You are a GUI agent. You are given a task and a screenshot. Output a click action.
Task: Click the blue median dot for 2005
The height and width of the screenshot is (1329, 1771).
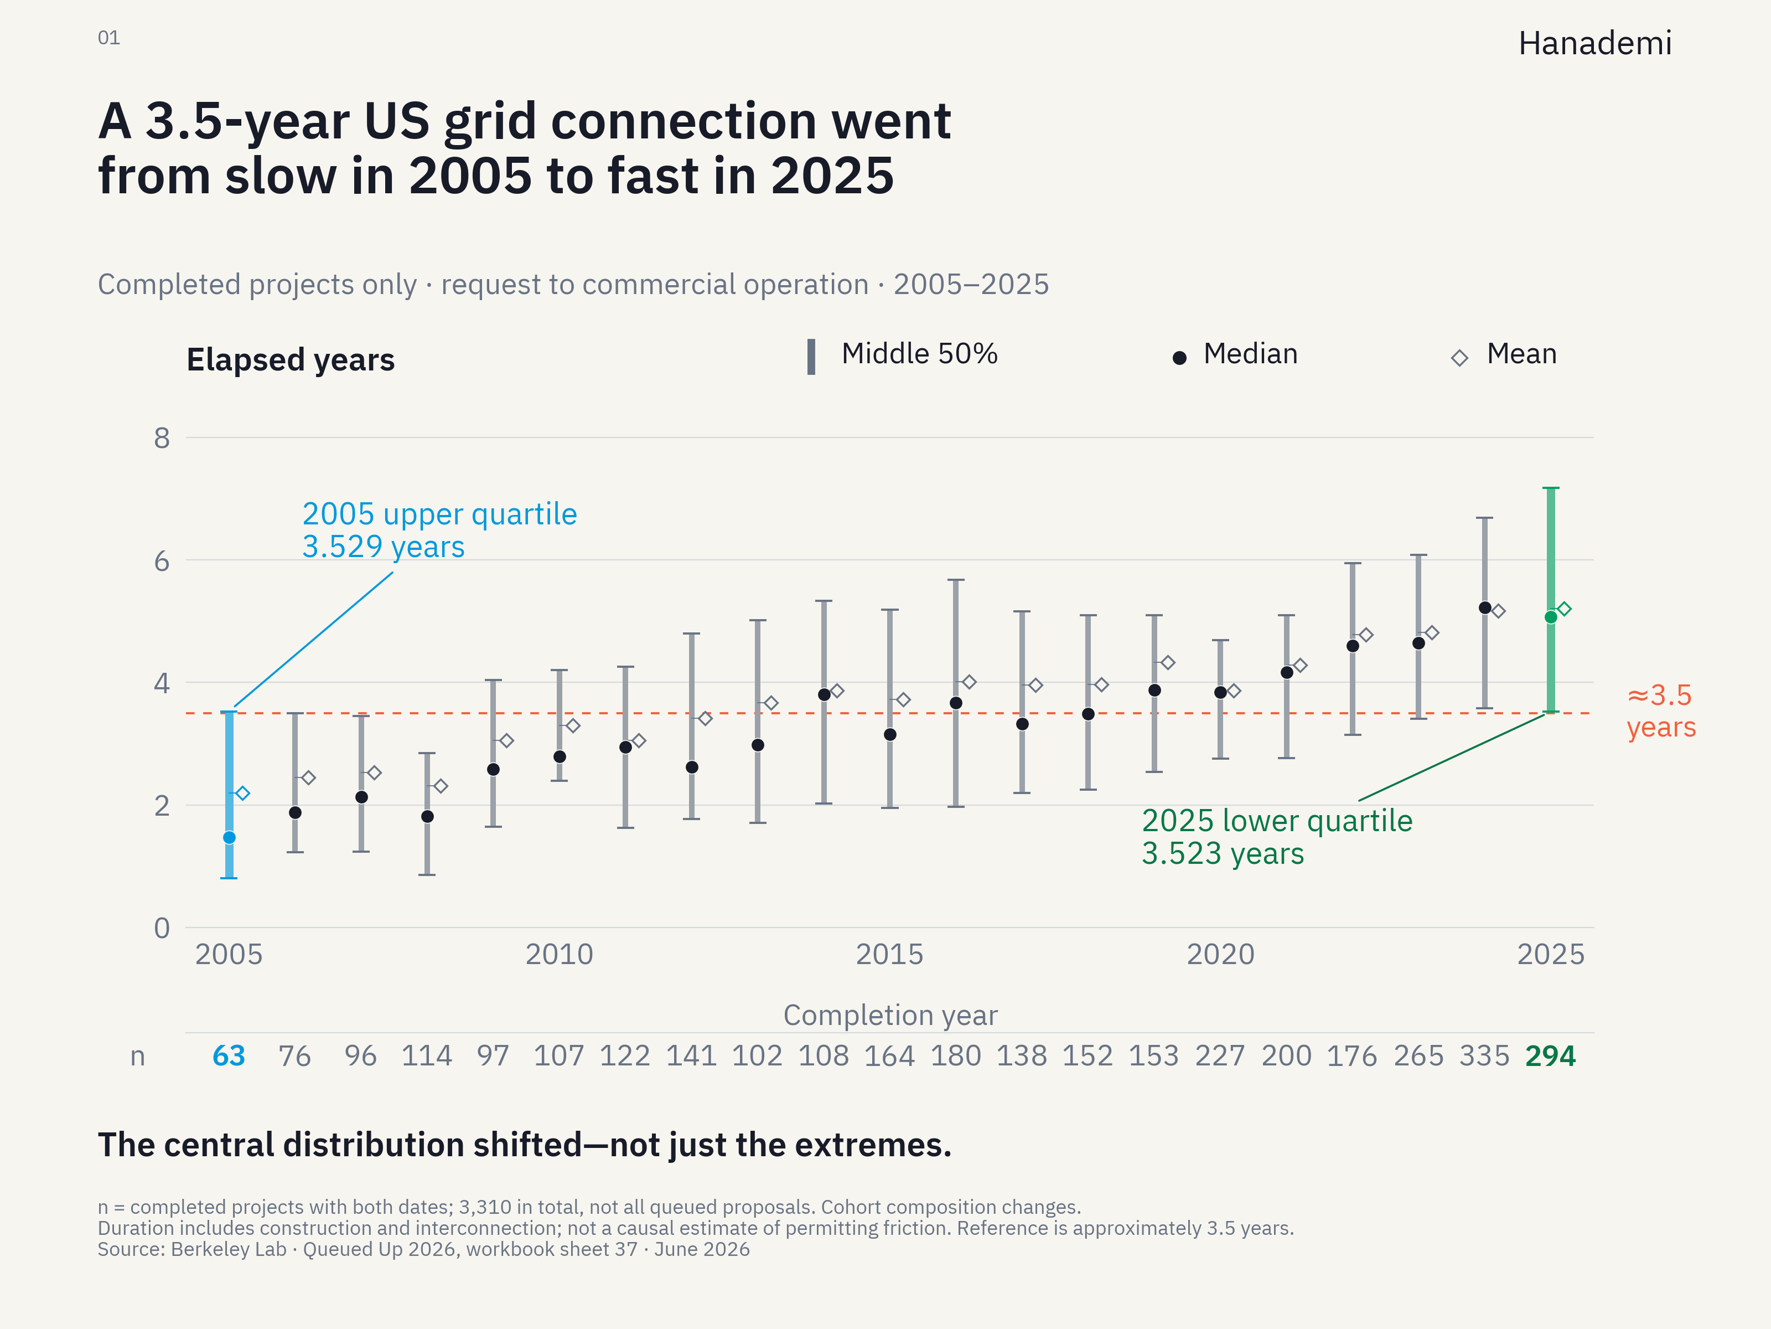point(229,837)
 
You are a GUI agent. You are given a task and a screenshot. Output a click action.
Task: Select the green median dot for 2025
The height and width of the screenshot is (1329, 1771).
point(1551,617)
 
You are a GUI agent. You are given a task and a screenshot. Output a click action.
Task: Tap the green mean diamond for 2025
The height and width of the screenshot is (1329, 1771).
point(1565,609)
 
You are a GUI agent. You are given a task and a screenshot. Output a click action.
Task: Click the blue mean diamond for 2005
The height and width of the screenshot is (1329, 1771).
point(242,793)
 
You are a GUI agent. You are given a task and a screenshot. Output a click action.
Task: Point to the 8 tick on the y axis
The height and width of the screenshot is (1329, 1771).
point(162,438)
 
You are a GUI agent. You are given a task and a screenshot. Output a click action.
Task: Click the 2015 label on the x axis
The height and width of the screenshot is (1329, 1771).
point(889,954)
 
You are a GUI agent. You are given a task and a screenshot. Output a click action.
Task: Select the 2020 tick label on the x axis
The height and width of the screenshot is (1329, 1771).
point(1220,954)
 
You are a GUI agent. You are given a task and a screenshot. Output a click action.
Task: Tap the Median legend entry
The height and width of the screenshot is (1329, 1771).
point(1235,354)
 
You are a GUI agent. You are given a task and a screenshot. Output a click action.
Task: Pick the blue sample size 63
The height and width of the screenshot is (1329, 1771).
point(229,1056)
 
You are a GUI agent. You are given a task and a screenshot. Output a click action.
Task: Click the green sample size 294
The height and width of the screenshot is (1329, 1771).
point(1551,1056)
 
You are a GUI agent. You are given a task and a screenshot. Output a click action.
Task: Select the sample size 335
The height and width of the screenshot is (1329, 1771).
point(1484,1056)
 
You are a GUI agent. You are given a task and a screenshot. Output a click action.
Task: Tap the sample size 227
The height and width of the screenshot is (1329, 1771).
point(1220,1056)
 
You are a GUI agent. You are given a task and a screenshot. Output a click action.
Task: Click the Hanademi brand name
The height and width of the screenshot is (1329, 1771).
point(1595,43)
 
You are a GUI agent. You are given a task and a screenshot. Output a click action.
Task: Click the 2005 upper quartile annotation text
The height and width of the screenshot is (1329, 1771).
point(439,530)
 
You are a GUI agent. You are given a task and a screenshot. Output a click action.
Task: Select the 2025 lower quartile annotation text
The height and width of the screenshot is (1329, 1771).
point(1277,837)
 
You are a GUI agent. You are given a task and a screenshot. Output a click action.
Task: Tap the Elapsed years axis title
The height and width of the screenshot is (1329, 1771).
point(291,360)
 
